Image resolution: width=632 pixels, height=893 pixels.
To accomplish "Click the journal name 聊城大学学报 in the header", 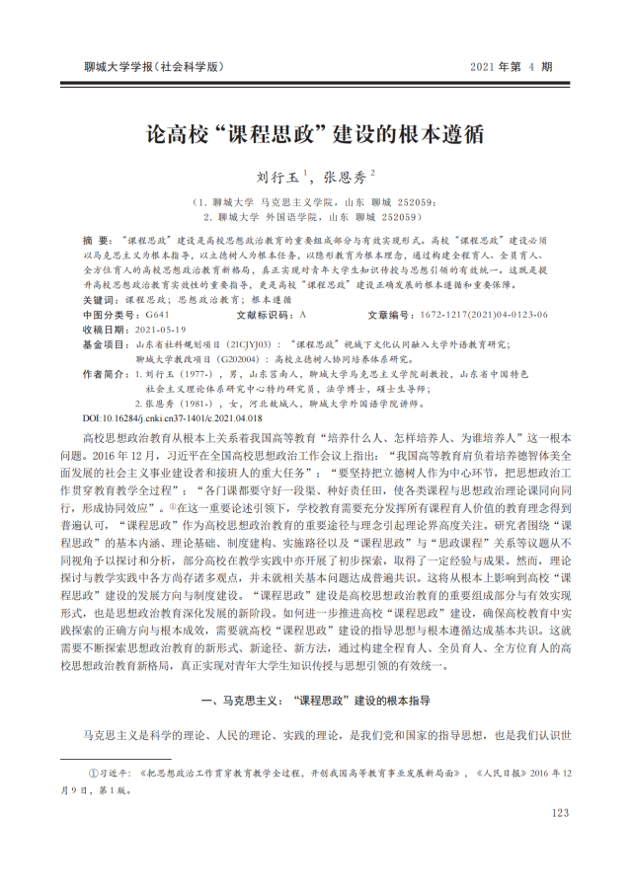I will (156, 67).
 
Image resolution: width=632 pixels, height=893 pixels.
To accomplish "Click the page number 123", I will (560, 812).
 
